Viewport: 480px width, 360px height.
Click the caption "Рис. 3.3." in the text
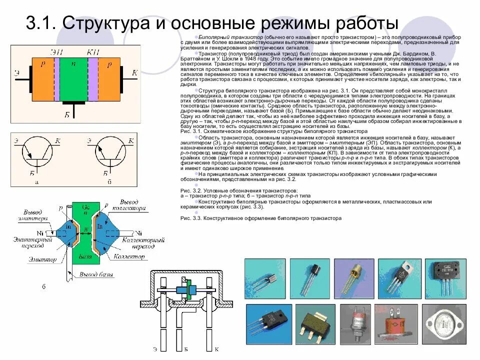pos(189,218)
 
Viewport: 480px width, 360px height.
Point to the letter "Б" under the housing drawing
pos(185,349)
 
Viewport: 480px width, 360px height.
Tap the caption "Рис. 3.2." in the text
pos(189,191)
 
